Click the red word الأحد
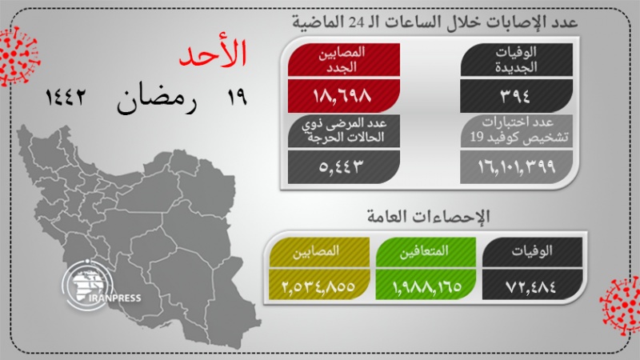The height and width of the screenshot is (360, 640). [213, 53]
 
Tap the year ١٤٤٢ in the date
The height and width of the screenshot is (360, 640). [66, 97]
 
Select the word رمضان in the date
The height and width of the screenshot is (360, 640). [157, 98]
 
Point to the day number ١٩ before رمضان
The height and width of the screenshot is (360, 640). [237, 97]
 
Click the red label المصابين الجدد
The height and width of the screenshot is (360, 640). [342, 59]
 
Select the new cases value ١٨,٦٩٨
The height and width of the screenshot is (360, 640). [342, 96]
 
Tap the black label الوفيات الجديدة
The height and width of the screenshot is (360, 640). [516, 59]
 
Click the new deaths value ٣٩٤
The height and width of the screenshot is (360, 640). [515, 96]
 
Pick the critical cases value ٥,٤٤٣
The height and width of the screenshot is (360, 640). [342, 166]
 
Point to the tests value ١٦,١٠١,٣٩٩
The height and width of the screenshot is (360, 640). [517, 166]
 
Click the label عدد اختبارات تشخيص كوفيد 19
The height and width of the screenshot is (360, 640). [518, 130]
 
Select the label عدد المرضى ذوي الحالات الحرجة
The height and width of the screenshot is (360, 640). [344, 130]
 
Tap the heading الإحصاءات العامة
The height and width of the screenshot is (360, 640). [428, 216]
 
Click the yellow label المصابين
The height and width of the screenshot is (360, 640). [316, 251]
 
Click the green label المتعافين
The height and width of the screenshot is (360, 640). [424, 251]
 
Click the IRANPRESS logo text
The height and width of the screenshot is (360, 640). [114, 298]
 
